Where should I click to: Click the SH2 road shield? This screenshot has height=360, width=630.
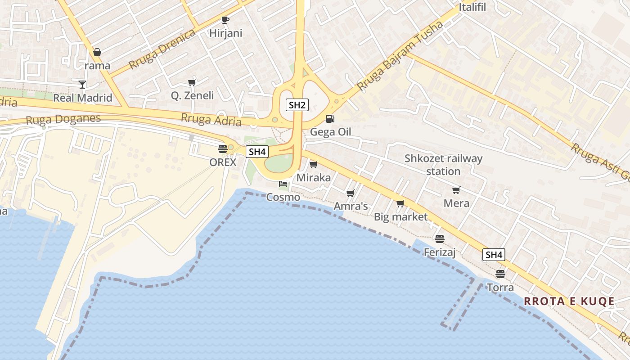click(x=297, y=105)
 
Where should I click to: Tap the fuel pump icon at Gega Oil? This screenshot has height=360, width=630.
click(x=330, y=119)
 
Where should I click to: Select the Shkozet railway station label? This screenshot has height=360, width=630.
click(x=443, y=165)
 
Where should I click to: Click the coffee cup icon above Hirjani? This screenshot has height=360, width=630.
click(x=225, y=20)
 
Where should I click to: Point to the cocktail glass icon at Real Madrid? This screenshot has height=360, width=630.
click(x=82, y=84)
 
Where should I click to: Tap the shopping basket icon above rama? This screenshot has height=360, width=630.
click(x=97, y=52)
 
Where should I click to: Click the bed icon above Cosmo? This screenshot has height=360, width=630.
click(x=283, y=184)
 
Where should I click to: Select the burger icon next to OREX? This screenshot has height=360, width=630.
click(x=222, y=148)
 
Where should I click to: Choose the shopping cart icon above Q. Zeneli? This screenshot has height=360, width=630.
click(x=192, y=82)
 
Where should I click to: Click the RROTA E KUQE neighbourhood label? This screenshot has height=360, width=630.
click(x=570, y=301)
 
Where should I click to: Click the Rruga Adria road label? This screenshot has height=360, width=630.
click(x=211, y=120)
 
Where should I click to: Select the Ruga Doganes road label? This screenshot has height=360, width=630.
click(x=63, y=120)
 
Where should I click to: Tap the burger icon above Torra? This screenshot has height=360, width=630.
click(x=500, y=274)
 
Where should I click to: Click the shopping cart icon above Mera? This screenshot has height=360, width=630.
click(x=456, y=190)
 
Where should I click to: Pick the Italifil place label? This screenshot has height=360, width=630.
click(x=472, y=7)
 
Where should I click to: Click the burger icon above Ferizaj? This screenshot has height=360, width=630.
click(x=440, y=239)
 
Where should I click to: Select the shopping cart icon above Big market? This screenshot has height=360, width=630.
click(x=400, y=203)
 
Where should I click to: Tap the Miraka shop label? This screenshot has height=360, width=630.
click(x=314, y=178)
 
